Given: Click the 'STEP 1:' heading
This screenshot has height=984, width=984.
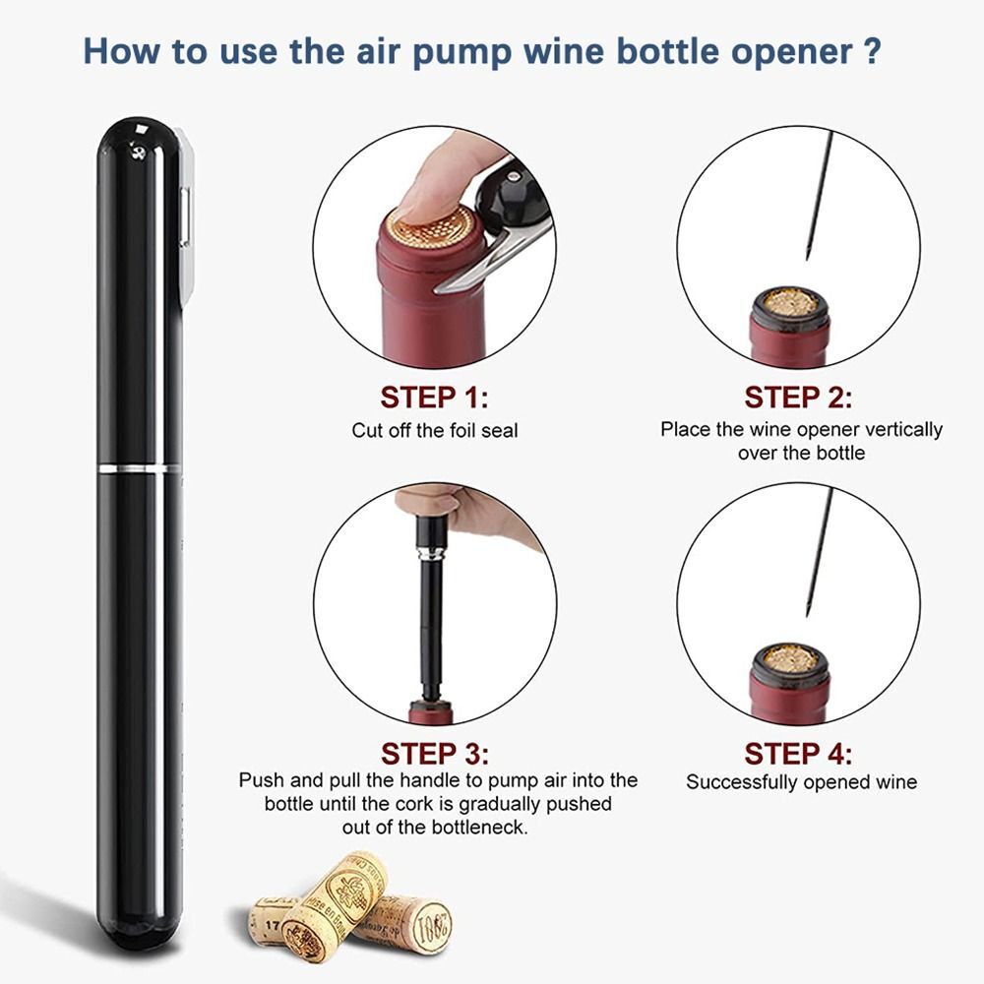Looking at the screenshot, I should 434,398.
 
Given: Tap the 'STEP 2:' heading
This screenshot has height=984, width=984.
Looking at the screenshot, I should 798,398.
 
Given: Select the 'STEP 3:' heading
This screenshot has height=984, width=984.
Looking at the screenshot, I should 434,754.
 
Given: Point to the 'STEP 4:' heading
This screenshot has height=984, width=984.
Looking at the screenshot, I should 798,754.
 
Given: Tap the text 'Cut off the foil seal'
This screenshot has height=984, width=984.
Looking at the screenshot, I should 434,430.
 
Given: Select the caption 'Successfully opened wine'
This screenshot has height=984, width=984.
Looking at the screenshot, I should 801,782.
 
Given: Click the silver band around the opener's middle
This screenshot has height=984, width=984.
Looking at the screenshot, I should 140,465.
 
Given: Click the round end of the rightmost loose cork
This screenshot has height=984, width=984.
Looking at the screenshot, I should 431,926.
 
